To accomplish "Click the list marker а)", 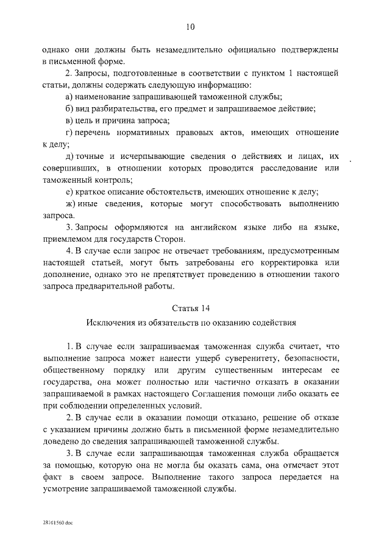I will click(69, 97).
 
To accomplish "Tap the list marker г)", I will click(69, 132).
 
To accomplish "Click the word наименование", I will click(107, 97).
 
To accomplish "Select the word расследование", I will click(285, 168).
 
